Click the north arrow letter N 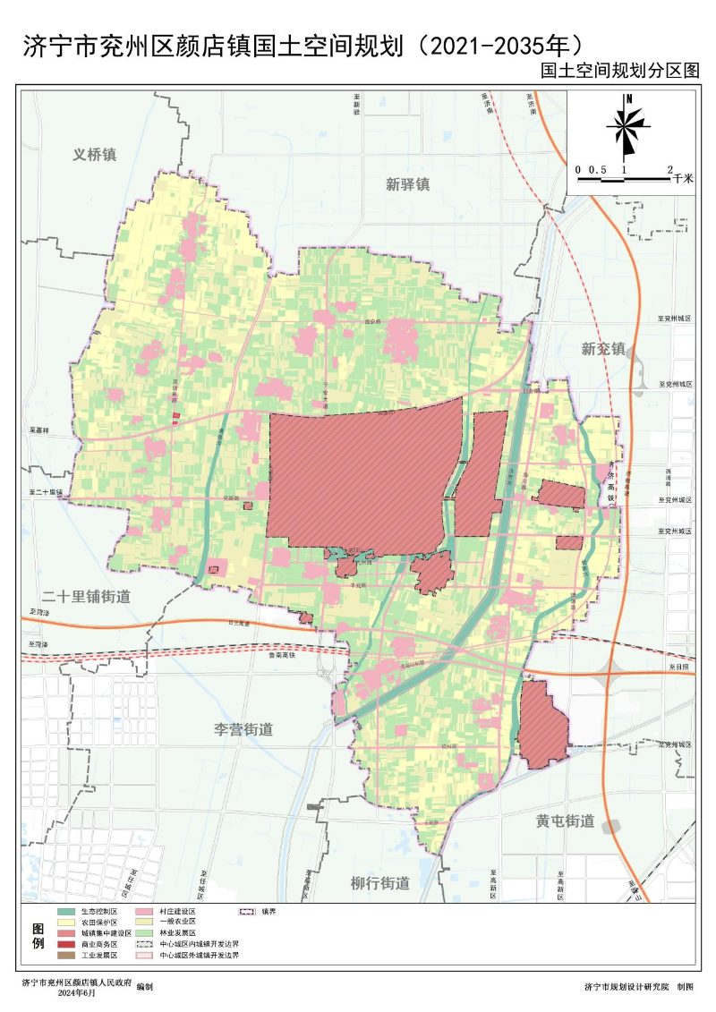630,99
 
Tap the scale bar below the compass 624,180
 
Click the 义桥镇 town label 95,154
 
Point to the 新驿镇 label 408,184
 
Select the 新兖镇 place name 602,348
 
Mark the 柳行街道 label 379,883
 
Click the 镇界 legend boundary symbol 245,911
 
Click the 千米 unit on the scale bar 684,179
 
